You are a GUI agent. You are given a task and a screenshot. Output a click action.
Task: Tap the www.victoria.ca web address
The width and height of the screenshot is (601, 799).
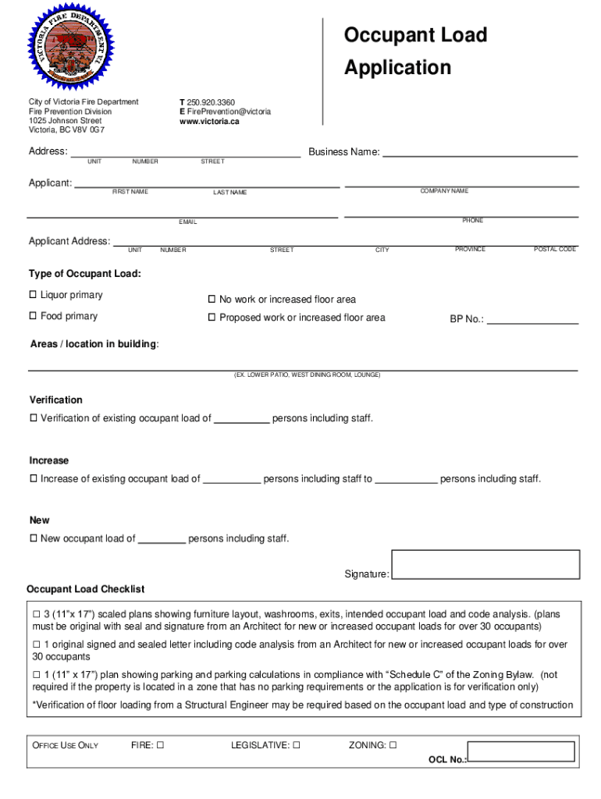(x=209, y=121)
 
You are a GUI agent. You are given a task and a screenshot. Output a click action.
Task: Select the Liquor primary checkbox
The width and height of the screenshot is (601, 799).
(x=34, y=295)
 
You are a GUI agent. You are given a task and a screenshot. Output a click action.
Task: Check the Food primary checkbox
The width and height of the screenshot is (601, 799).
(x=34, y=316)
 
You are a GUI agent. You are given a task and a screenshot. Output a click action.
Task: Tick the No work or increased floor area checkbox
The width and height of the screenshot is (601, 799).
(x=212, y=300)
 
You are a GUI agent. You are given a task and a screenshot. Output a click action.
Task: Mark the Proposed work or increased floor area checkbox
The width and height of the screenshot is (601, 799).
(x=212, y=318)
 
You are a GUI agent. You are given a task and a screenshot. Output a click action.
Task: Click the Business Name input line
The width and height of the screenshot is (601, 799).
(x=479, y=154)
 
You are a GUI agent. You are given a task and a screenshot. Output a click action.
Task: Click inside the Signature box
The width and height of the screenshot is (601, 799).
(x=485, y=564)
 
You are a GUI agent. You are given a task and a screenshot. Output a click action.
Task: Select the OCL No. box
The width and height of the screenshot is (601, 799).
(x=521, y=752)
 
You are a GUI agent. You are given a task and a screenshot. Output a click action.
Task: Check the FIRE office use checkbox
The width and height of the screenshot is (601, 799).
(x=160, y=745)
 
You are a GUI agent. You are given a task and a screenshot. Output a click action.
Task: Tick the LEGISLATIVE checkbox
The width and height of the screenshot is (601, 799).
(x=297, y=745)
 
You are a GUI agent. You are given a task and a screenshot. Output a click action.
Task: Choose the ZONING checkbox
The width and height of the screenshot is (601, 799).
(x=393, y=745)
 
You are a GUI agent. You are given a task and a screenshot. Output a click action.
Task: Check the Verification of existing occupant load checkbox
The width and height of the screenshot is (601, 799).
(x=34, y=418)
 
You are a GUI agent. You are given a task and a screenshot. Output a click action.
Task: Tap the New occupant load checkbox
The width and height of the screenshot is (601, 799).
(x=34, y=538)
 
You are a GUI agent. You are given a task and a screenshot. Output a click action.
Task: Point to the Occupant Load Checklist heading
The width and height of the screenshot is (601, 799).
(x=85, y=589)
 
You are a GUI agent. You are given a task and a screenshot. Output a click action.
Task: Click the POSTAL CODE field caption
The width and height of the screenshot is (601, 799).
(x=554, y=250)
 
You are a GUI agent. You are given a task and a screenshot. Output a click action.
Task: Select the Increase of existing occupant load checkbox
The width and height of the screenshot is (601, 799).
(x=34, y=478)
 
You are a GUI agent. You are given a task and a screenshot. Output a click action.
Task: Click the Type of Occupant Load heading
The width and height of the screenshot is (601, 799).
(x=85, y=274)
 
